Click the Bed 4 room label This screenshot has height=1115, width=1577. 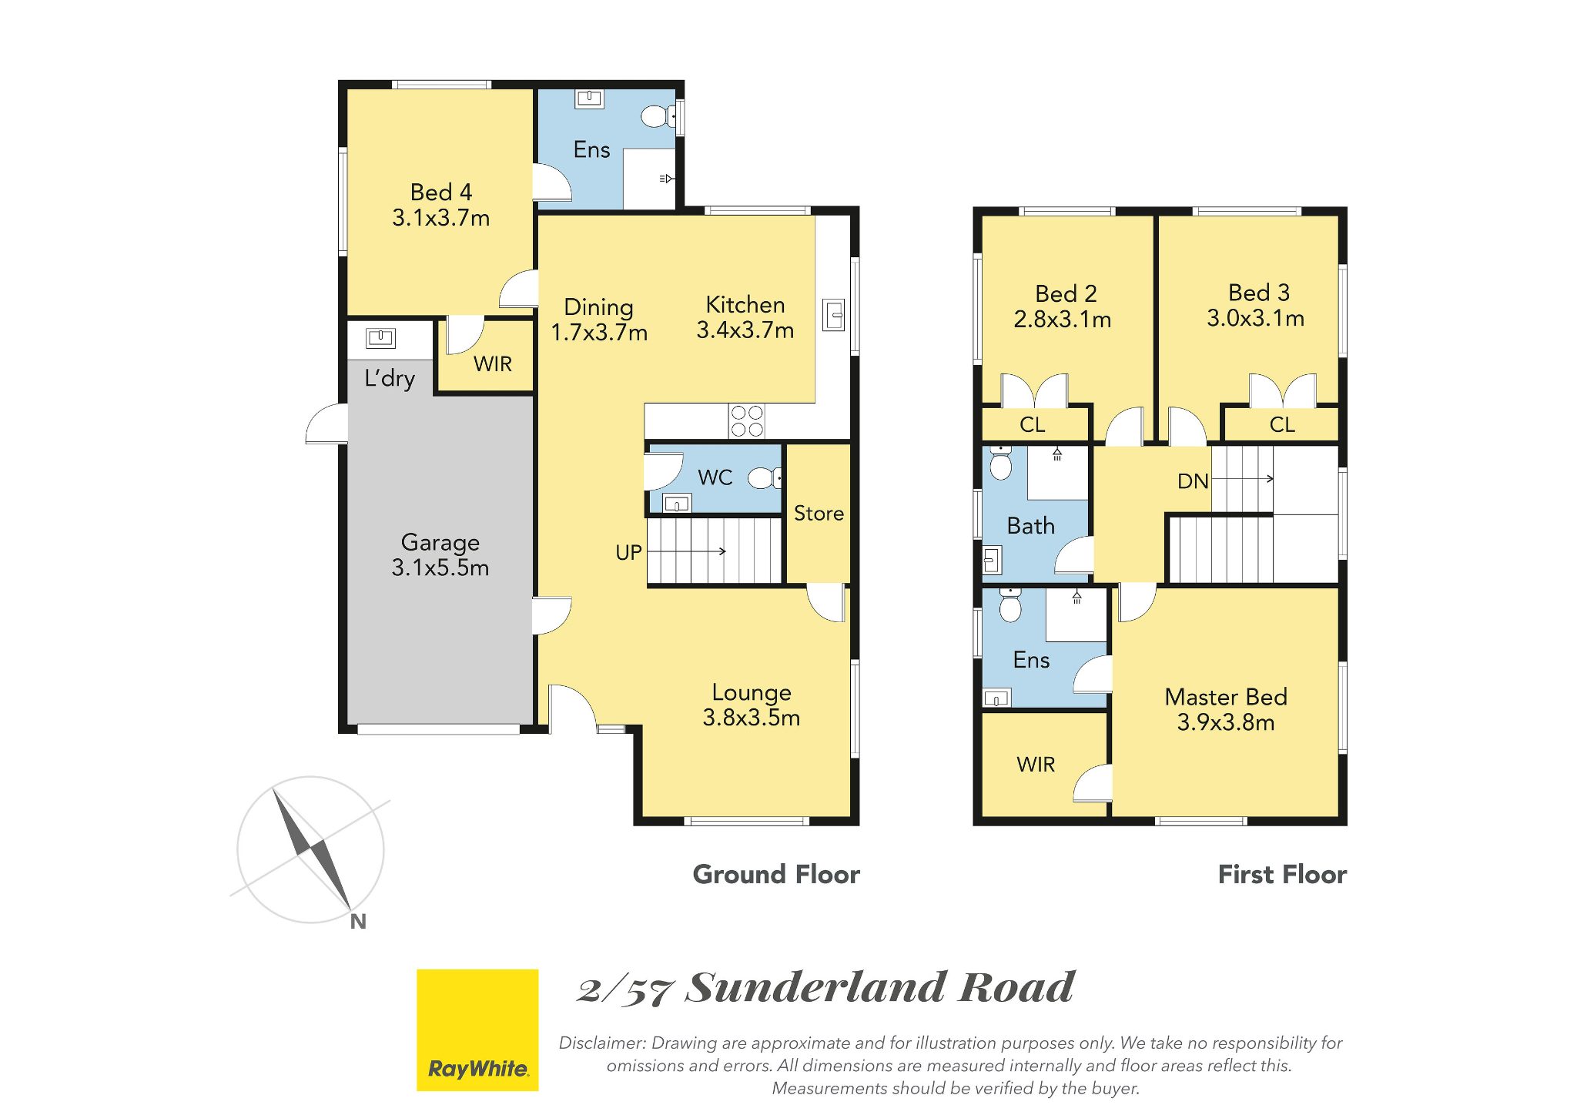point(441,192)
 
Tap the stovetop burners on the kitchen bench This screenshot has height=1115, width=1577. point(747,421)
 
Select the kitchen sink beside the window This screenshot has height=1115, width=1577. point(834,314)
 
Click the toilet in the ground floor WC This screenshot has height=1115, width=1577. point(765,478)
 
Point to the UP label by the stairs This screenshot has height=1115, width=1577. point(628,552)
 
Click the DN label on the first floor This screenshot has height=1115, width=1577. point(1193,481)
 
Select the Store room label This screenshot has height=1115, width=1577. point(819,513)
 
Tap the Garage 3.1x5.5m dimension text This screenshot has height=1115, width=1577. point(440,568)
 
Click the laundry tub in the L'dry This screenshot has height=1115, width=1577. point(380,337)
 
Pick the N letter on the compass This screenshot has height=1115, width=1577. point(358,921)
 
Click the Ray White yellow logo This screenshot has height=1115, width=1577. point(477,1030)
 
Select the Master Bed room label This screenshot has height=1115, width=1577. point(1226,697)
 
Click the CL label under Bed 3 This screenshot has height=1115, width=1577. point(1282,424)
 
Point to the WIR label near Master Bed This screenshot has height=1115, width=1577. point(1036,765)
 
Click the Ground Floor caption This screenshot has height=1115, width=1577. point(776,875)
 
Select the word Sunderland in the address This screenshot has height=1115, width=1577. point(815,987)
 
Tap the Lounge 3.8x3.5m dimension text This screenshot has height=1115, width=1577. point(752,718)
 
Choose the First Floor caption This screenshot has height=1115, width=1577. point(1282,875)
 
